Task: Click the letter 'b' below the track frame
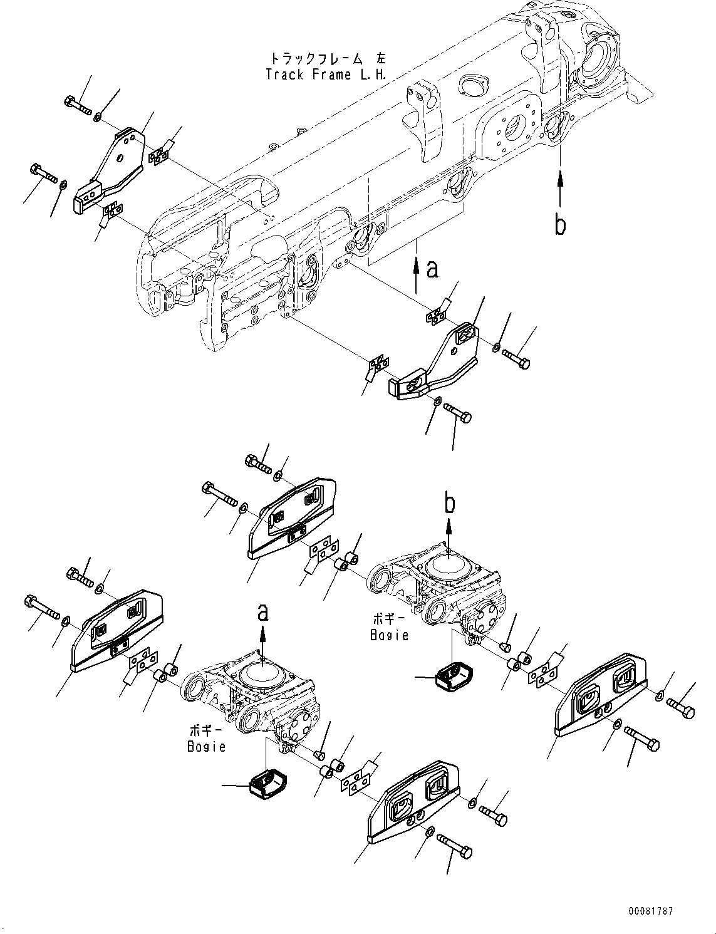(x=560, y=224)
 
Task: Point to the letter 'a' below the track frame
(x=432, y=269)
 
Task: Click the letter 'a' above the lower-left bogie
(x=264, y=612)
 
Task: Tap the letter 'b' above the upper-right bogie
(x=450, y=502)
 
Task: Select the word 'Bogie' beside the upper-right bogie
(x=390, y=635)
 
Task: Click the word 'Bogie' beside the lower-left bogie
(x=206, y=747)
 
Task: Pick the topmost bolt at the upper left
(x=77, y=106)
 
